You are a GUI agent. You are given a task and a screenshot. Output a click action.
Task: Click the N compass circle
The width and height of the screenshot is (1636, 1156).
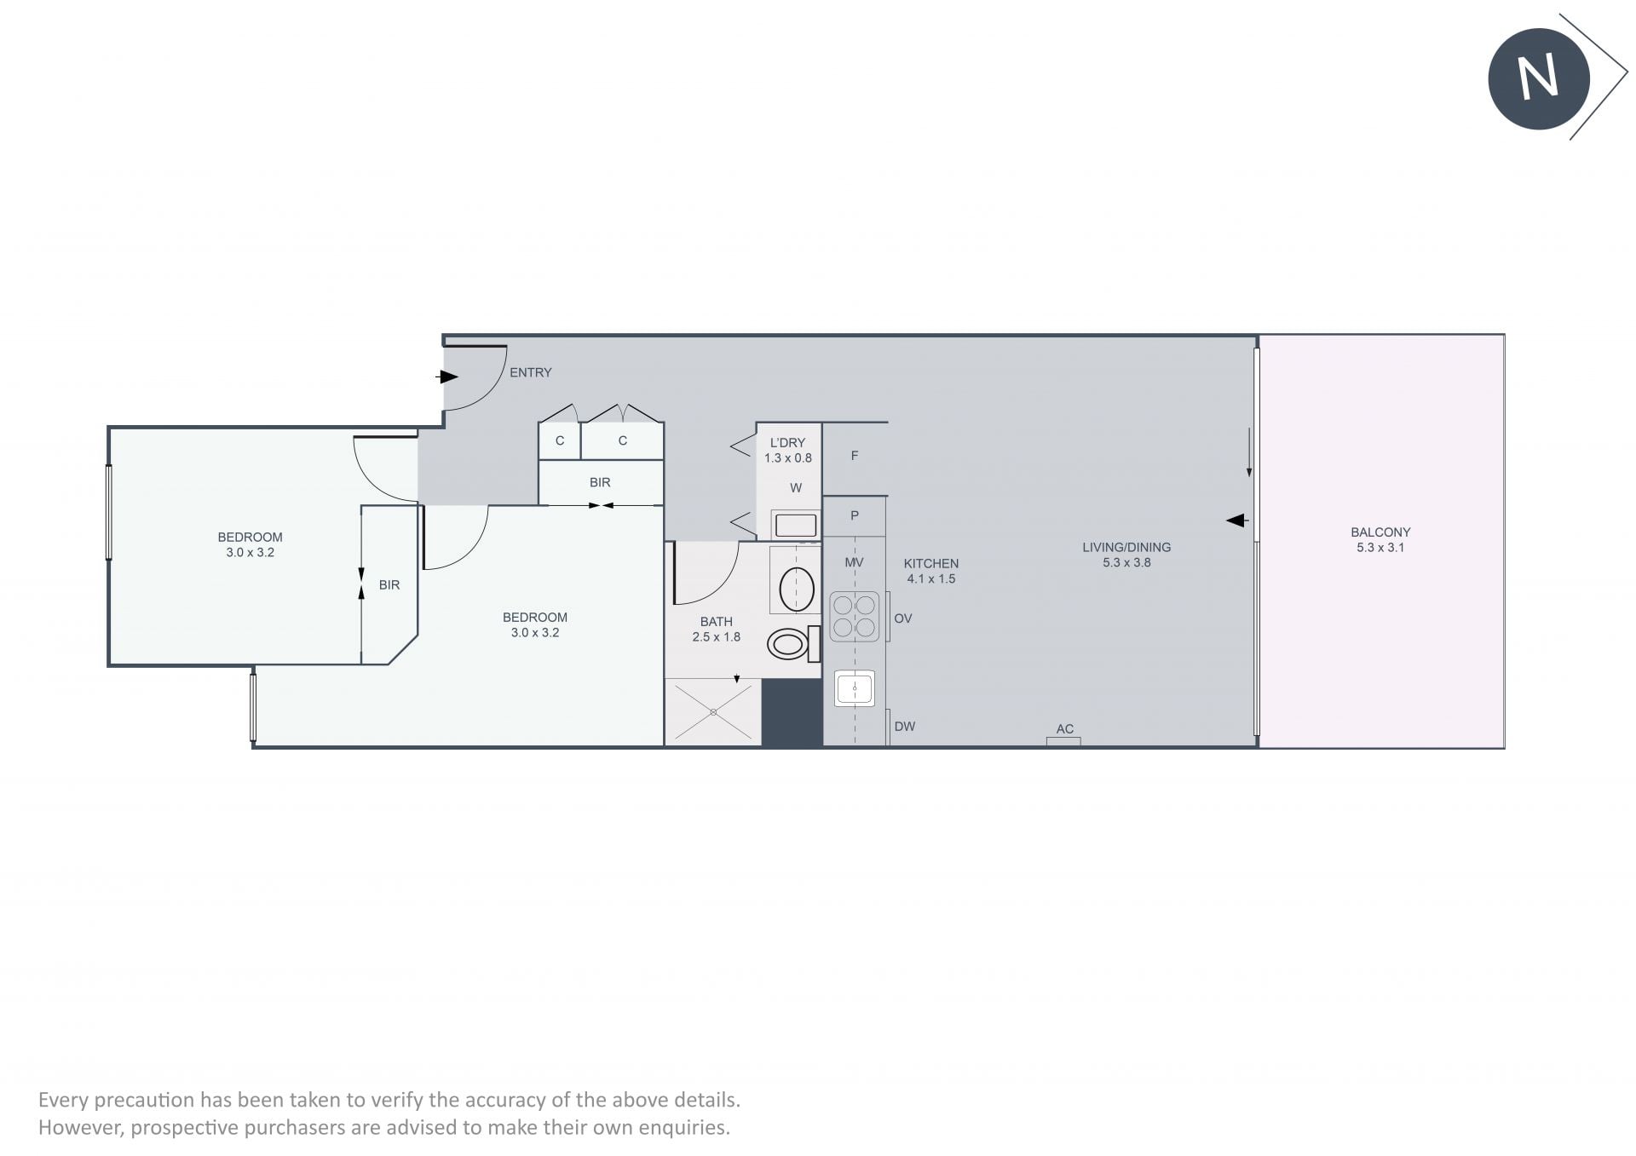tap(1539, 78)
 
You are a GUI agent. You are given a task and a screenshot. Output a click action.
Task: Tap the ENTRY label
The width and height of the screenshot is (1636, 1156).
tap(531, 372)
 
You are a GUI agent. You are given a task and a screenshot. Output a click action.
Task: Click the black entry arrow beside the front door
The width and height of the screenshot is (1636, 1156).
tap(447, 377)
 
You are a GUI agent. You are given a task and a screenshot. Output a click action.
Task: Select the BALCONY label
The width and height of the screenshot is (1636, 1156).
tap(1380, 532)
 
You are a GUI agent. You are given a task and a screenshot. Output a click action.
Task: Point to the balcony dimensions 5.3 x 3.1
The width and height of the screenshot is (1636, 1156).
tap(1380, 547)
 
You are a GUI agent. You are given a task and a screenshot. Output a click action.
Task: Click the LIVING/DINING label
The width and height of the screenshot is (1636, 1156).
tap(1126, 547)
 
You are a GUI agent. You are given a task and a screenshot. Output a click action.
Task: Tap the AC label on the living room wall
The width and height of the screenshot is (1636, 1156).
tap(1065, 728)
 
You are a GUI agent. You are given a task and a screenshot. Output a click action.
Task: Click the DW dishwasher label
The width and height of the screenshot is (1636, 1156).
tap(905, 727)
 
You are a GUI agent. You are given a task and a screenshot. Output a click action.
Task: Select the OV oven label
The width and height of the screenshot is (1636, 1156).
tap(903, 618)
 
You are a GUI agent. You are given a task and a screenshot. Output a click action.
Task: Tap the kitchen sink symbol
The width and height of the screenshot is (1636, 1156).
tap(855, 688)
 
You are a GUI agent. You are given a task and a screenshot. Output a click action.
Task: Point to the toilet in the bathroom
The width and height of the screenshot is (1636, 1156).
tap(793, 643)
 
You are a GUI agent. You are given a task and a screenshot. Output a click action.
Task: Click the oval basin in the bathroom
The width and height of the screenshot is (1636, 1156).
tap(797, 589)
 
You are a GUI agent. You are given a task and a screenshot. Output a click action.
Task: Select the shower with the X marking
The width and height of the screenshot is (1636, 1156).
tap(712, 711)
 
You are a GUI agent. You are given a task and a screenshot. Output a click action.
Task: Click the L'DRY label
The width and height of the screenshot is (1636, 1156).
tap(787, 443)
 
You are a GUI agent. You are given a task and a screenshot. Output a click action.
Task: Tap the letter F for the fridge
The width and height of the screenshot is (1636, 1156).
tap(855, 456)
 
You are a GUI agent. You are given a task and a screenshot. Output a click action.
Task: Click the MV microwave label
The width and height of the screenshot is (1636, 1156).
tap(854, 562)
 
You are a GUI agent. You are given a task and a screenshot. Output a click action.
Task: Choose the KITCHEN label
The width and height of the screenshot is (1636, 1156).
tap(931, 563)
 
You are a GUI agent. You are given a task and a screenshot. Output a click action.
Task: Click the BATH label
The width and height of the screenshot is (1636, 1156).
tap(717, 622)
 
